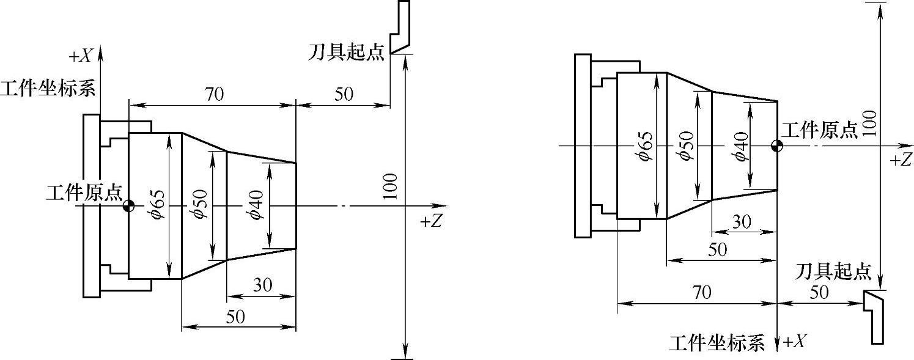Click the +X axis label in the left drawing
(x=81, y=56)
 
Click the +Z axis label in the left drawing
(x=432, y=221)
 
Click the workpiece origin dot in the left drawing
(x=128, y=205)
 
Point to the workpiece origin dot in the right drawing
(x=777, y=146)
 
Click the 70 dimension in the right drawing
(x=702, y=293)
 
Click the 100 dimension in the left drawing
(x=391, y=186)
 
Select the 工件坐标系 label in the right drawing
(x=717, y=343)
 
